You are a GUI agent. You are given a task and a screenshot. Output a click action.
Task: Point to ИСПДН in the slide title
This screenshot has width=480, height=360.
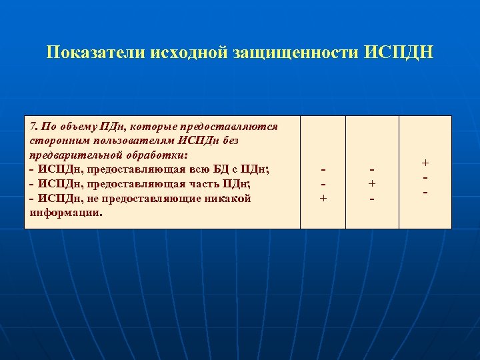coord(399,53)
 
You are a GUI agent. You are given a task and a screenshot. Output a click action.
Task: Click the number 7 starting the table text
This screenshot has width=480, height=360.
coord(34,126)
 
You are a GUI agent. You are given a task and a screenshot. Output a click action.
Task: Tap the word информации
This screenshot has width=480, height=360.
coord(65,213)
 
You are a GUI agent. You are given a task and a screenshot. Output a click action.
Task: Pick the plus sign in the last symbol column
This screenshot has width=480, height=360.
coord(425,163)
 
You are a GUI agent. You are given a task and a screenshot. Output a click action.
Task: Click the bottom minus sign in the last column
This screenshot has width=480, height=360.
coord(425,192)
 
